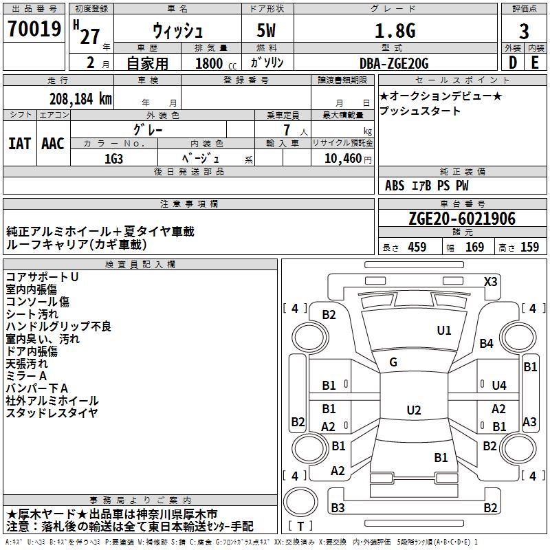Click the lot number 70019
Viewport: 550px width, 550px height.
pyautogui.click(x=34, y=30)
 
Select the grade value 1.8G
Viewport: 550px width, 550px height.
pyautogui.click(x=395, y=31)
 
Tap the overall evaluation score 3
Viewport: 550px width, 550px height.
pyautogui.click(x=524, y=32)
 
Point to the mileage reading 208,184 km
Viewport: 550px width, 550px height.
pyautogui.click(x=80, y=98)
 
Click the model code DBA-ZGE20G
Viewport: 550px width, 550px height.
pyautogui.click(x=394, y=63)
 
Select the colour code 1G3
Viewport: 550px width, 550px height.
pyautogui.click(x=114, y=157)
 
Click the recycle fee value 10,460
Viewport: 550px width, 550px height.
pyautogui.click(x=342, y=158)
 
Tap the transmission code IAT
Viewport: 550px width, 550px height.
pyautogui.click(x=19, y=144)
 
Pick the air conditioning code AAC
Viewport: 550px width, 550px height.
pyautogui.click(x=53, y=144)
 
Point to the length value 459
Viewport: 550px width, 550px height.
pyautogui.click(x=417, y=247)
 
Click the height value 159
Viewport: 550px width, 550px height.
pyautogui.click(x=529, y=247)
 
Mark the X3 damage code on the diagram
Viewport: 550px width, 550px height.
pyautogui.click(x=491, y=281)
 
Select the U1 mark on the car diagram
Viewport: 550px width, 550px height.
pyautogui.click(x=444, y=331)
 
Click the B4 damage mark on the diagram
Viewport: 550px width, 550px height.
pyautogui.click(x=487, y=343)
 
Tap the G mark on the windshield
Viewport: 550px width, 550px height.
pyautogui.click(x=393, y=362)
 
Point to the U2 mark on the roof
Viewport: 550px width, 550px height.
pyautogui.click(x=413, y=410)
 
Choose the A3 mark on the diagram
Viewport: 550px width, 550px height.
pyautogui.click(x=529, y=422)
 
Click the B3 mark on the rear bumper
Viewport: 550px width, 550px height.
pyautogui.click(x=338, y=508)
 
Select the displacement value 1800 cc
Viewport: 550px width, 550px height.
pyautogui.click(x=215, y=63)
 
